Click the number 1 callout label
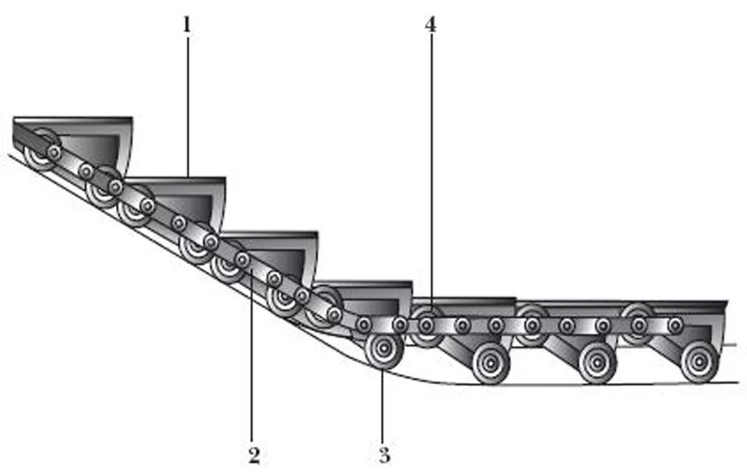tap(186, 26)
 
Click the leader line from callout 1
tap(187, 102)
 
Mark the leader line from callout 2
tap(252, 354)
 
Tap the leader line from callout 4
tap(431, 170)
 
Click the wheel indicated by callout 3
tap(384, 350)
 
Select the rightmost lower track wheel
tap(699, 361)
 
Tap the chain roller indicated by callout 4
tap(426, 325)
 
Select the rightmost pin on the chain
tap(675, 325)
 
